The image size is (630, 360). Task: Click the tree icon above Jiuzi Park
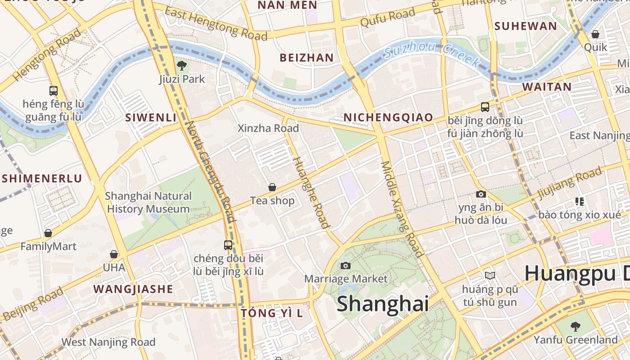click(182, 66)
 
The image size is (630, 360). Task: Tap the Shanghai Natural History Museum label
click(148, 202)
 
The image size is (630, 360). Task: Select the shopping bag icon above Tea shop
click(272, 187)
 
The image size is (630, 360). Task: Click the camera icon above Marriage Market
click(346, 265)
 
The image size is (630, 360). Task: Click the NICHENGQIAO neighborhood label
click(388, 117)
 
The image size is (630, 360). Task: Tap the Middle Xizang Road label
click(402, 209)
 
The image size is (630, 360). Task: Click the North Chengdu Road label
click(211, 171)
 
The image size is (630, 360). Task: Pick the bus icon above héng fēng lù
click(54, 90)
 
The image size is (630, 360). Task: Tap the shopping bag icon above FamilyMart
click(48, 233)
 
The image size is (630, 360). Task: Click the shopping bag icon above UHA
click(114, 254)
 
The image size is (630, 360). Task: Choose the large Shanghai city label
click(382, 303)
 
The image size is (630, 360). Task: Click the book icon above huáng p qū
click(490, 275)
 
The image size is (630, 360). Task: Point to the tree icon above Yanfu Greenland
click(575, 326)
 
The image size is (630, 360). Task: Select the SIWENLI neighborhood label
click(151, 118)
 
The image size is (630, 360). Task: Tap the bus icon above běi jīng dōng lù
click(485, 107)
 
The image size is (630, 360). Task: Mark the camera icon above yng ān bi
click(481, 194)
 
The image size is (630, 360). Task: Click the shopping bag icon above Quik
click(595, 34)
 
